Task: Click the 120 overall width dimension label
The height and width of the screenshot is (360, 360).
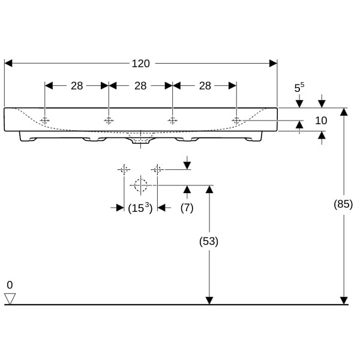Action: (x=141, y=64)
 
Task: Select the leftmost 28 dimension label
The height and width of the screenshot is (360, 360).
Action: (x=77, y=86)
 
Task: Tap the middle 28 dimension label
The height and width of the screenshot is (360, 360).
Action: (x=140, y=86)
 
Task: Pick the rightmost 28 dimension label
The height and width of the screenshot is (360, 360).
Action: (x=205, y=86)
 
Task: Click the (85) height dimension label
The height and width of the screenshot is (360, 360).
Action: (x=343, y=204)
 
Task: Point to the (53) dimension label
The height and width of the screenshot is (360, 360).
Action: (x=209, y=241)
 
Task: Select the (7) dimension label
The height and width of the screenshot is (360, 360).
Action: (x=187, y=208)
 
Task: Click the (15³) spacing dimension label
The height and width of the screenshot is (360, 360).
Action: (x=140, y=208)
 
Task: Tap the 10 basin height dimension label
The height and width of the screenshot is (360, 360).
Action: (x=321, y=121)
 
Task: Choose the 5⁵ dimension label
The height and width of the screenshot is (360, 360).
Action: (x=299, y=87)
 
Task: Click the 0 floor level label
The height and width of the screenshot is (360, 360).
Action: (x=10, y=285)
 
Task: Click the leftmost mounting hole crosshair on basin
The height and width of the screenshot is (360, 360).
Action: (x=45, y=121)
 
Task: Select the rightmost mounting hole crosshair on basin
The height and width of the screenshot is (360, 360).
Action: (x=236, y=121)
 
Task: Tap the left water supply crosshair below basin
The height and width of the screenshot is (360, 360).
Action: (x=124, y=170)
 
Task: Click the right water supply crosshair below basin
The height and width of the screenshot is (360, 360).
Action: (x=157, y=170)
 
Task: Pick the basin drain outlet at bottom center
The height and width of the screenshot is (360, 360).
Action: (x=141, y=140)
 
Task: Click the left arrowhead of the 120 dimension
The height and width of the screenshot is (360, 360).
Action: (x=8, y=64)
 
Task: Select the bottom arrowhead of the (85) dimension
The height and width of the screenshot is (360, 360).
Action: (x=344, y=301)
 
